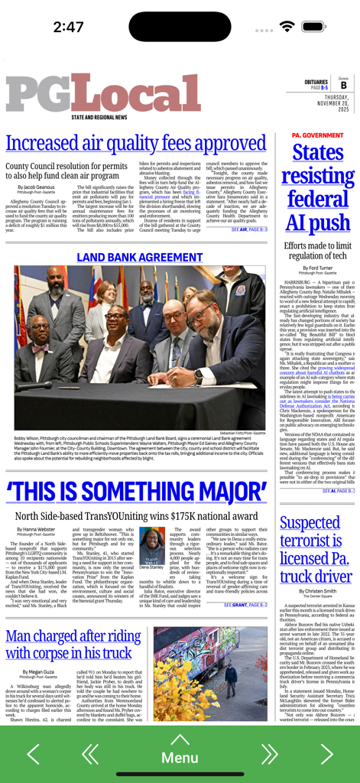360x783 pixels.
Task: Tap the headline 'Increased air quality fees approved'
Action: pos(135,144)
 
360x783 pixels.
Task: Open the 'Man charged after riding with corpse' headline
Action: pos(73,645)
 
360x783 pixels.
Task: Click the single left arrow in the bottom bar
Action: pos(33,754)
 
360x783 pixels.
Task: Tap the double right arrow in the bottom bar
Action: pos(269,754)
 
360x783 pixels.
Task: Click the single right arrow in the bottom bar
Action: pos(326,754)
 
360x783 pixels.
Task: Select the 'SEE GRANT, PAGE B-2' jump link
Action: pos(245,605)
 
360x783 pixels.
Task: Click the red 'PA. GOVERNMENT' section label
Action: pos(317,135)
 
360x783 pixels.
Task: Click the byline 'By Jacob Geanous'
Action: pos(34,187)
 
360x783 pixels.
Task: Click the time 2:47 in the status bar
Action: pos(69,27)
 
